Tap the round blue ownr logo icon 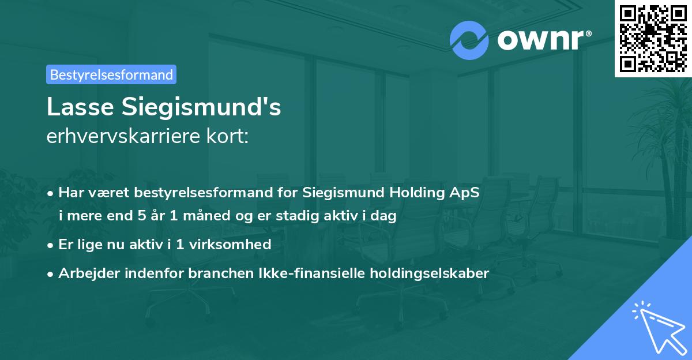pos(469,40)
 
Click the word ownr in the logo pos(540,40)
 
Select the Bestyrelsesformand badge pos(111,74)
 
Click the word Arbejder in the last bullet pos(85,273)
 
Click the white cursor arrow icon pos(657,328)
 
